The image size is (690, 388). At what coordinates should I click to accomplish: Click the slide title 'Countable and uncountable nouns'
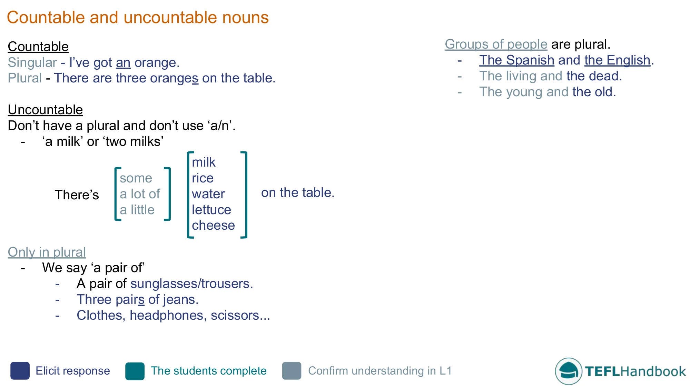click(x=138, y=17)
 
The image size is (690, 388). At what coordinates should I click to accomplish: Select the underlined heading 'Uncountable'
click(x=45, y=110)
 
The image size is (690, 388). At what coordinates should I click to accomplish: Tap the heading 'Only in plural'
click(x=47, y=252)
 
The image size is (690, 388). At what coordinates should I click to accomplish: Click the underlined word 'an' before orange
click(x=123, y=63)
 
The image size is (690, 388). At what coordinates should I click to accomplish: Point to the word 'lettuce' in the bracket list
click(x=211, y=210)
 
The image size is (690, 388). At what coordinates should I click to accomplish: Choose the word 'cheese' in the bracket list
click(x=213, y=225)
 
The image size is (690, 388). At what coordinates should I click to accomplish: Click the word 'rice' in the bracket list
click(x=203, y=178)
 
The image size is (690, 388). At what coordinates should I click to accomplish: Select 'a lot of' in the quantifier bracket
click(x=140, y=194)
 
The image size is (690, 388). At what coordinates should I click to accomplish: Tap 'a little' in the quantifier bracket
click(x=137, y=210)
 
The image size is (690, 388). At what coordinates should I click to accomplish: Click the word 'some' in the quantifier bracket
click(x=136, y=178)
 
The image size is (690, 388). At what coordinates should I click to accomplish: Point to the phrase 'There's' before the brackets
click(x=77, y=195)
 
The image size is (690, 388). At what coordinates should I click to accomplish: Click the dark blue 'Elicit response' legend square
click(x=20, y=371)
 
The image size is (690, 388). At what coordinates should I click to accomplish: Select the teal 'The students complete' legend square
click(x=135, y=371)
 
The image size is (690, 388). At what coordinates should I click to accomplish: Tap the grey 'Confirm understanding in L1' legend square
click(x=292, y=371)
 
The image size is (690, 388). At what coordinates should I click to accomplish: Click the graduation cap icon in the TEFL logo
click(x=568, y=371)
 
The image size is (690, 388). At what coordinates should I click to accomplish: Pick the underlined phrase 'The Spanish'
click(x=516, y=60)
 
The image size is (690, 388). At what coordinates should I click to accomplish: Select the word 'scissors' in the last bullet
click(x=235, y=315)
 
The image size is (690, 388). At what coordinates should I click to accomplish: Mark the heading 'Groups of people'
click(x=496, y=44)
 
